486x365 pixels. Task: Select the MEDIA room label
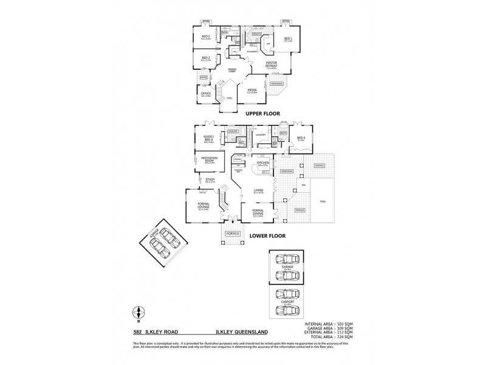(x=252, y=90)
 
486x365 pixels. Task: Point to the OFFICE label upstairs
(x=206, y=93)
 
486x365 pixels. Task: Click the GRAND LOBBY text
(x=231, y=70)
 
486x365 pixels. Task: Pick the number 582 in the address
(x=138, y=332)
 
